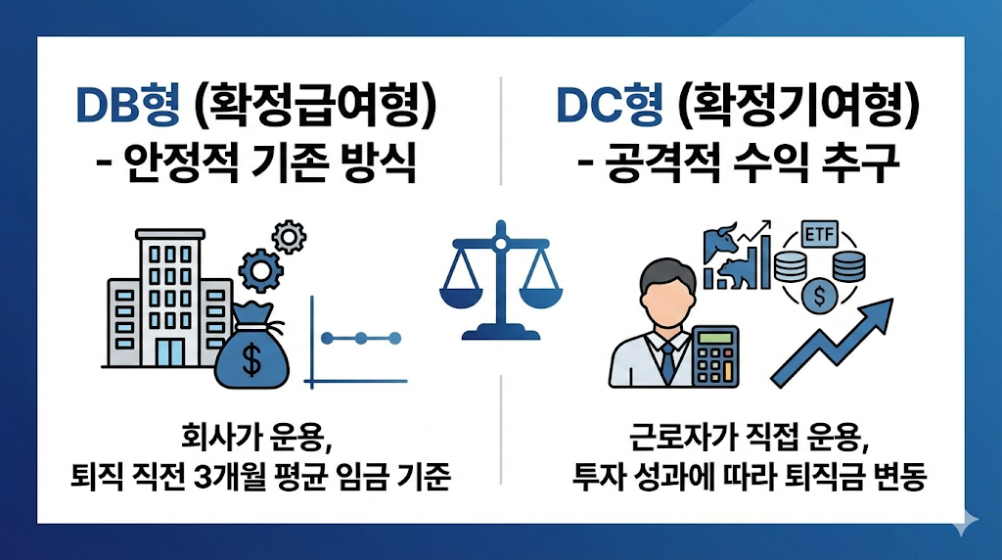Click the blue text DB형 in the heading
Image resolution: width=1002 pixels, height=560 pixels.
127,106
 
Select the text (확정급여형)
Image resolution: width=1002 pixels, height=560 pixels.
314,106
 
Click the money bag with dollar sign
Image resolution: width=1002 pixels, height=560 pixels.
251,348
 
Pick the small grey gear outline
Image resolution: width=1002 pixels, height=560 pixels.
288,236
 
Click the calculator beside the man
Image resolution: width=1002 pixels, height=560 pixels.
716,358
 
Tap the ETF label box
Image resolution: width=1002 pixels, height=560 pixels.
818,235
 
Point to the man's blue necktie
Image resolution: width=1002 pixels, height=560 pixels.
667,362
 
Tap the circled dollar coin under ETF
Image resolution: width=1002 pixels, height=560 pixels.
817,295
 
